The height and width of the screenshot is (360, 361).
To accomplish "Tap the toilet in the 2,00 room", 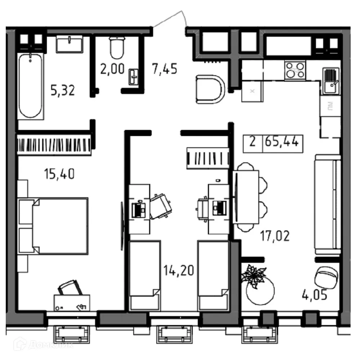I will [x=117, y=48].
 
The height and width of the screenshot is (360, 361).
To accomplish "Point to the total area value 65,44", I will [x=282, y=141].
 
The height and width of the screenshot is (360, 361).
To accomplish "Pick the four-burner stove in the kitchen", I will [x=295, y=71].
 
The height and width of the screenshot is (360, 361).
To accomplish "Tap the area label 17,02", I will [x=275, y=237].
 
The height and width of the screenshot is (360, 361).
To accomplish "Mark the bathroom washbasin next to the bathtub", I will [x=70, y=45].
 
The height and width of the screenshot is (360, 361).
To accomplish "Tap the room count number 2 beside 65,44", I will [x=253, y=141].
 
